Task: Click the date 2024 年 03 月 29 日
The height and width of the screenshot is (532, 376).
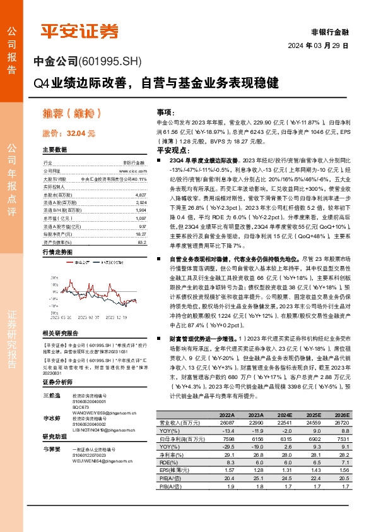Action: click(318, 46)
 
